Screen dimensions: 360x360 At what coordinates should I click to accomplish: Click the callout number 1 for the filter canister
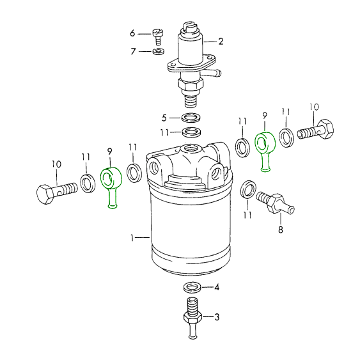(x=132, y=238)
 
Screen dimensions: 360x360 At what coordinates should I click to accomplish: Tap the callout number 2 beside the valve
(x=221, y=42)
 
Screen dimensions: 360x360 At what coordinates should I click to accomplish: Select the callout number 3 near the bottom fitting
(x=217, y=317)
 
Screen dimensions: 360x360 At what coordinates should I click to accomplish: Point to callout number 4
(x=217, y=287)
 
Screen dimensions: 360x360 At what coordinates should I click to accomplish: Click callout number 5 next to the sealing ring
(x=164, y=118)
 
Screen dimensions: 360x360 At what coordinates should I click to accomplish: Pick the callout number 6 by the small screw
(x=132, y=33)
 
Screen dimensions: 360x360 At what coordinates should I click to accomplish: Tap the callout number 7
(x=133, y=51)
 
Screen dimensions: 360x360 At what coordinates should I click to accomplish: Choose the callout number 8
(x=281, y=230)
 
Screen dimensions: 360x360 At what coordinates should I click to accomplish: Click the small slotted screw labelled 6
(x=158, y=36)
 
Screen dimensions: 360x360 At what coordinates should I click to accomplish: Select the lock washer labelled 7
(x=158, y=51)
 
